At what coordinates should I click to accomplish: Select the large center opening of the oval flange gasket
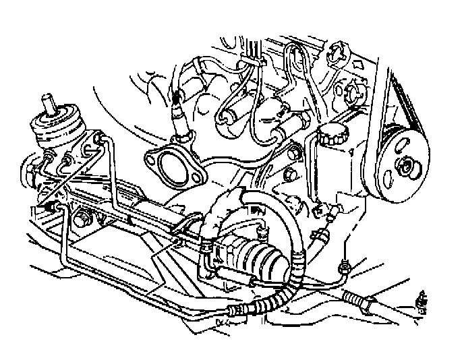coord(173,165)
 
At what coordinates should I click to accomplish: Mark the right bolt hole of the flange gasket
coord(197,178)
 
